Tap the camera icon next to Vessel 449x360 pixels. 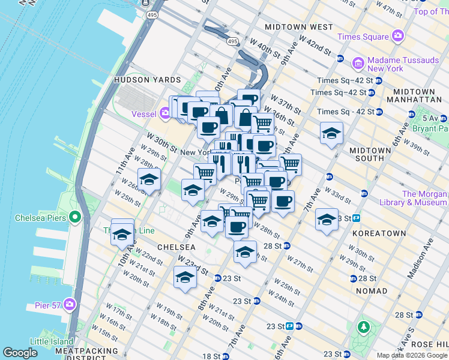(x=166, y=113)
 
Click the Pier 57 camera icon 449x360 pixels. (x=71, y=305)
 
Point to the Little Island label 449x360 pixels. (x=52, y=341)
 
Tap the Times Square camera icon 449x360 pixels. (x=397, y=37)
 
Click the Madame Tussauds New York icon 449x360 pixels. (x=358, y=63)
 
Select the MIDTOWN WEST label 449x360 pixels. (x=299, y=28)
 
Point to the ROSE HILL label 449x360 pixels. (x=432, y=344)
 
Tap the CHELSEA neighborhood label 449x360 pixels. (x=176, y=247)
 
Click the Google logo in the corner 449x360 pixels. (x=20, y=353)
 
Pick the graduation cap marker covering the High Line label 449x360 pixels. (x=122, y=234)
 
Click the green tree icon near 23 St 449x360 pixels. (x=363, y=328)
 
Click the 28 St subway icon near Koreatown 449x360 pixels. (x=355, y=278)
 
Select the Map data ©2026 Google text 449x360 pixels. (x=412, y=355)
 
